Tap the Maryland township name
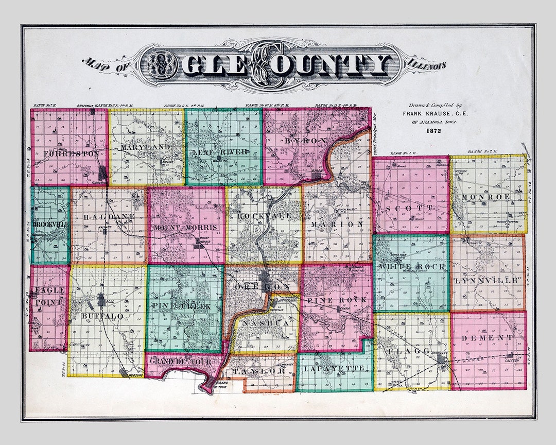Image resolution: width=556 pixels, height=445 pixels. click(x=146, y=147)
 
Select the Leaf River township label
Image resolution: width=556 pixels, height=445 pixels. click(x=220, y=151)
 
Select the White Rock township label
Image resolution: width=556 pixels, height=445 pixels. click(x=411, y=266)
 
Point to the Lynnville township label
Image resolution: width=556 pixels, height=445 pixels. click(x=486, y=281)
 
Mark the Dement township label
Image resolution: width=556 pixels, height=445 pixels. click(x=488, y=338)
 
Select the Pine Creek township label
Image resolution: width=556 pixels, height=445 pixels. click(x=181, y=306)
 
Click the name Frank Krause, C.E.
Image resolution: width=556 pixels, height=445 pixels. click(x=436, y=113)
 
